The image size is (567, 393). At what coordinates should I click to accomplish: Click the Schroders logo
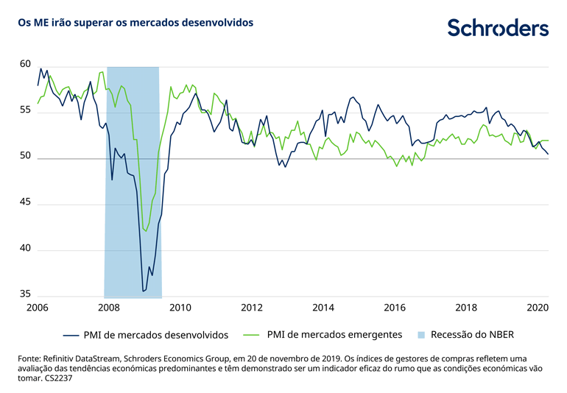498,28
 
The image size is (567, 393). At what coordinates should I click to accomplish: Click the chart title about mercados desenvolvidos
136,23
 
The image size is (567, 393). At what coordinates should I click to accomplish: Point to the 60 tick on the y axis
24,65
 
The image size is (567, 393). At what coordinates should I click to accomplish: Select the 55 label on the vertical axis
24,110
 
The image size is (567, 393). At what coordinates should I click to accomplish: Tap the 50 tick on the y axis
24,157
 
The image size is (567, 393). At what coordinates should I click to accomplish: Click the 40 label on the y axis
24,249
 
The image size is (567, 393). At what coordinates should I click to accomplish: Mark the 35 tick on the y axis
24,294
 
